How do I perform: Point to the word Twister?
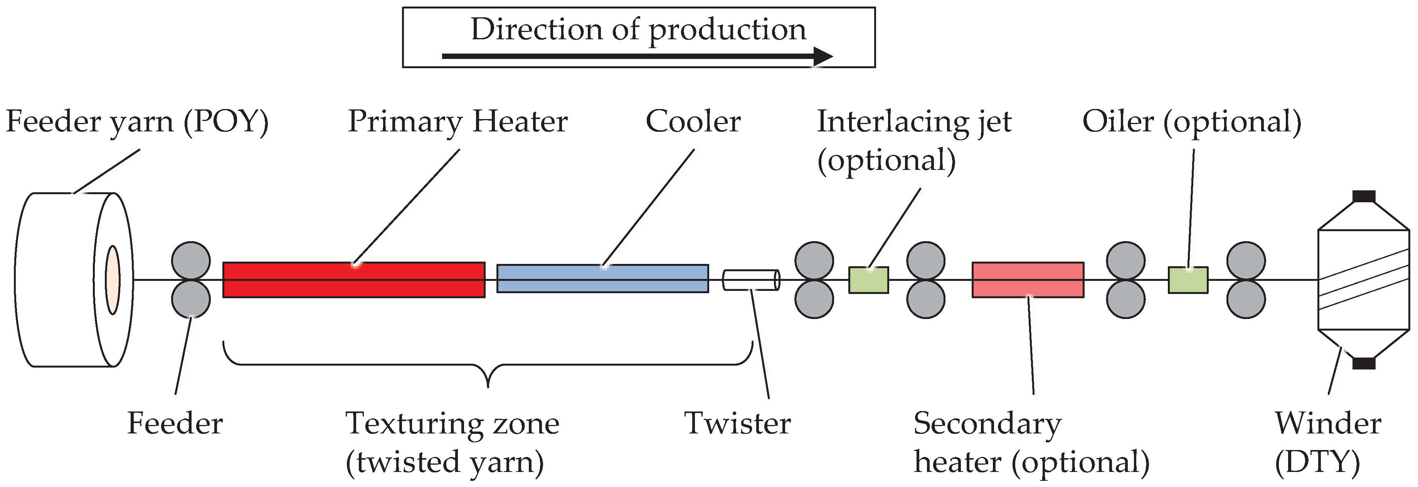click(737, 424)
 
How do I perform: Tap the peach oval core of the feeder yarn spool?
click(113, 280)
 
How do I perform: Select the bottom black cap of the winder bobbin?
click(1364, 363)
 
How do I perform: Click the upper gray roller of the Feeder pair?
click(190, 260)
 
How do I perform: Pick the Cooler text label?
click(693, 122)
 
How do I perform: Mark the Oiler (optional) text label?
click(1191, 122)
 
